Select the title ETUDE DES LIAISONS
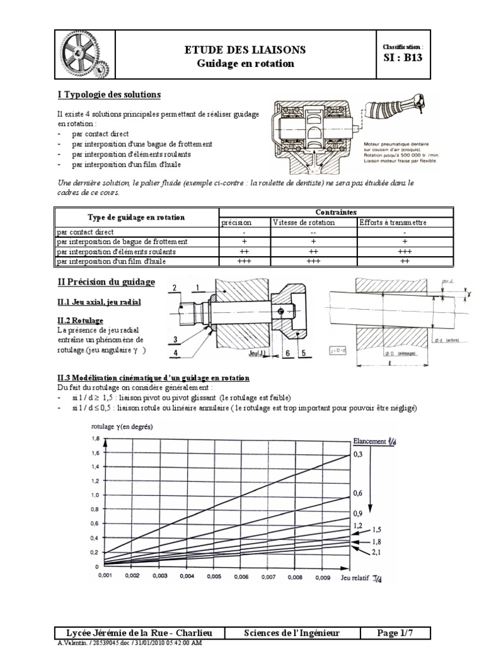pyautogui.click(x=245, y=49)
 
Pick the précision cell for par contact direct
pyautogui.click(x=244, y=232)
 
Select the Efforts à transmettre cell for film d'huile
pyautogui.click(x=405, y=261)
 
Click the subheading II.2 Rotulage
pyautogui.click(x=79, y=320)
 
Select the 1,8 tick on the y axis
pyautogui.click(x=96, y=438)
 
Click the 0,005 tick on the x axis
pyautogui.click(x=214, y=575)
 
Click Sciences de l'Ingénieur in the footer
pyautogui.click(x=292, y=632)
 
